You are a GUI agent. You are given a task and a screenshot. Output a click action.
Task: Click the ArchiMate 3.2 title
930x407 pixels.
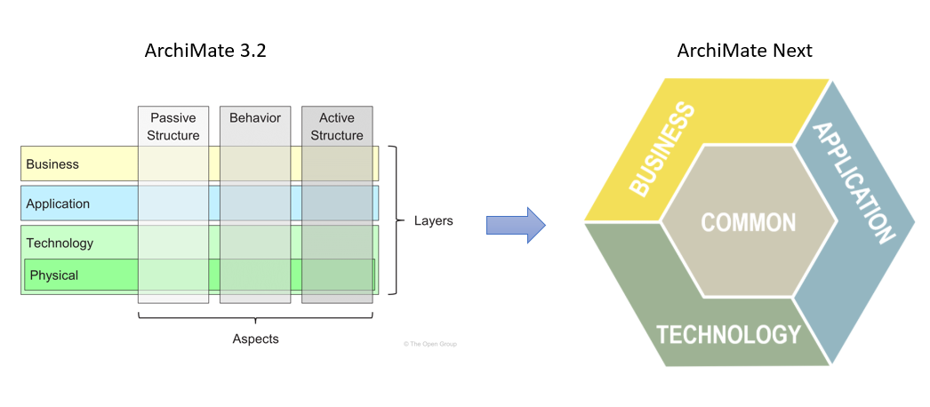(x=205, y=51)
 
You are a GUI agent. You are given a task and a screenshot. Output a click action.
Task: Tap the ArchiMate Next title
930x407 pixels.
(x=744, y=51)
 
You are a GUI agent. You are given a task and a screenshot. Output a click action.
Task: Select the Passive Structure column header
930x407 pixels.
(x=173, y=126)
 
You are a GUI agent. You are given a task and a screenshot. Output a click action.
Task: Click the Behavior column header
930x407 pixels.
(x=255, y=117)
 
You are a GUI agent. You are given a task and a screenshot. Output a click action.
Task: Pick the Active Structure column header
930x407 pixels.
(x=337, y=126)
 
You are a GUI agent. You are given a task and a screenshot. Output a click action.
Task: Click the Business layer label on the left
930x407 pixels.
(x=52, y=164)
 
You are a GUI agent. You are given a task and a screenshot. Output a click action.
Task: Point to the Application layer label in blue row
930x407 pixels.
(x=58, y=203)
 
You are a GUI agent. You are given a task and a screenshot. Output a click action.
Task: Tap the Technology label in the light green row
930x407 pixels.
(x=60, y=243)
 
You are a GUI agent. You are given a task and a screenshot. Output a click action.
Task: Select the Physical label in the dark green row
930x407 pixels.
(x=54, y=275)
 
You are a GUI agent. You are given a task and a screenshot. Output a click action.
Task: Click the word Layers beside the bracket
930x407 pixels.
(x=434, y=220)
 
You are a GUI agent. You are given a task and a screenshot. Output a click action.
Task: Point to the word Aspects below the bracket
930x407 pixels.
(x=255, y=339)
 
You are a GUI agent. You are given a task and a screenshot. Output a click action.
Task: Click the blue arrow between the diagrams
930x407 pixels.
(x=515, y=225)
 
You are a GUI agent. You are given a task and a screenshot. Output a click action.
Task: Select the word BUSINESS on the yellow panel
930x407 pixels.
(x=662, y=148)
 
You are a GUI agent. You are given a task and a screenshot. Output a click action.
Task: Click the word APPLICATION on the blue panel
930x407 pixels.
(x=854, y=183)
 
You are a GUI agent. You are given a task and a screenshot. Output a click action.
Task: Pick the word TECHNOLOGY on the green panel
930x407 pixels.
(x=728, y=334)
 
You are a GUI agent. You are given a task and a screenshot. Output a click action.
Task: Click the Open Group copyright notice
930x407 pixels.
(x=435, y=343)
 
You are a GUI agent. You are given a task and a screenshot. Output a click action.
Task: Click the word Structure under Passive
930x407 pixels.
(x=173, y=135)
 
